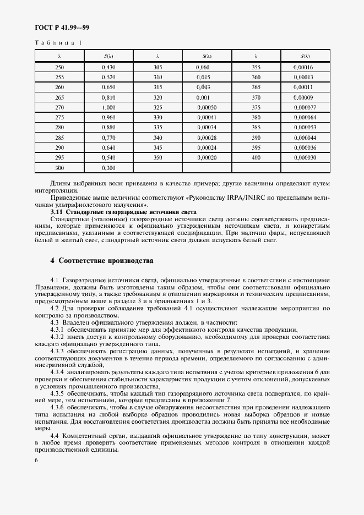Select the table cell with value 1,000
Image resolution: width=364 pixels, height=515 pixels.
coord(108,107)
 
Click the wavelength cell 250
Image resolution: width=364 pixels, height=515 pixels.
coord(59,67)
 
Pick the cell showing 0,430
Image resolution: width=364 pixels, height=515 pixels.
coord(108,67)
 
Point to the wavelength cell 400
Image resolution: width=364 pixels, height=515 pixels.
coord(256,158)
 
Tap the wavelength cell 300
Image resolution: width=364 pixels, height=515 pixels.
coord(59,168)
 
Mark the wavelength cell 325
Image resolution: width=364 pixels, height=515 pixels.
coord(157,107)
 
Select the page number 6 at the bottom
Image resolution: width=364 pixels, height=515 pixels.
coord(36,459)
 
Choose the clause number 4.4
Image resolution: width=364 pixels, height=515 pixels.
coord(55,435)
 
